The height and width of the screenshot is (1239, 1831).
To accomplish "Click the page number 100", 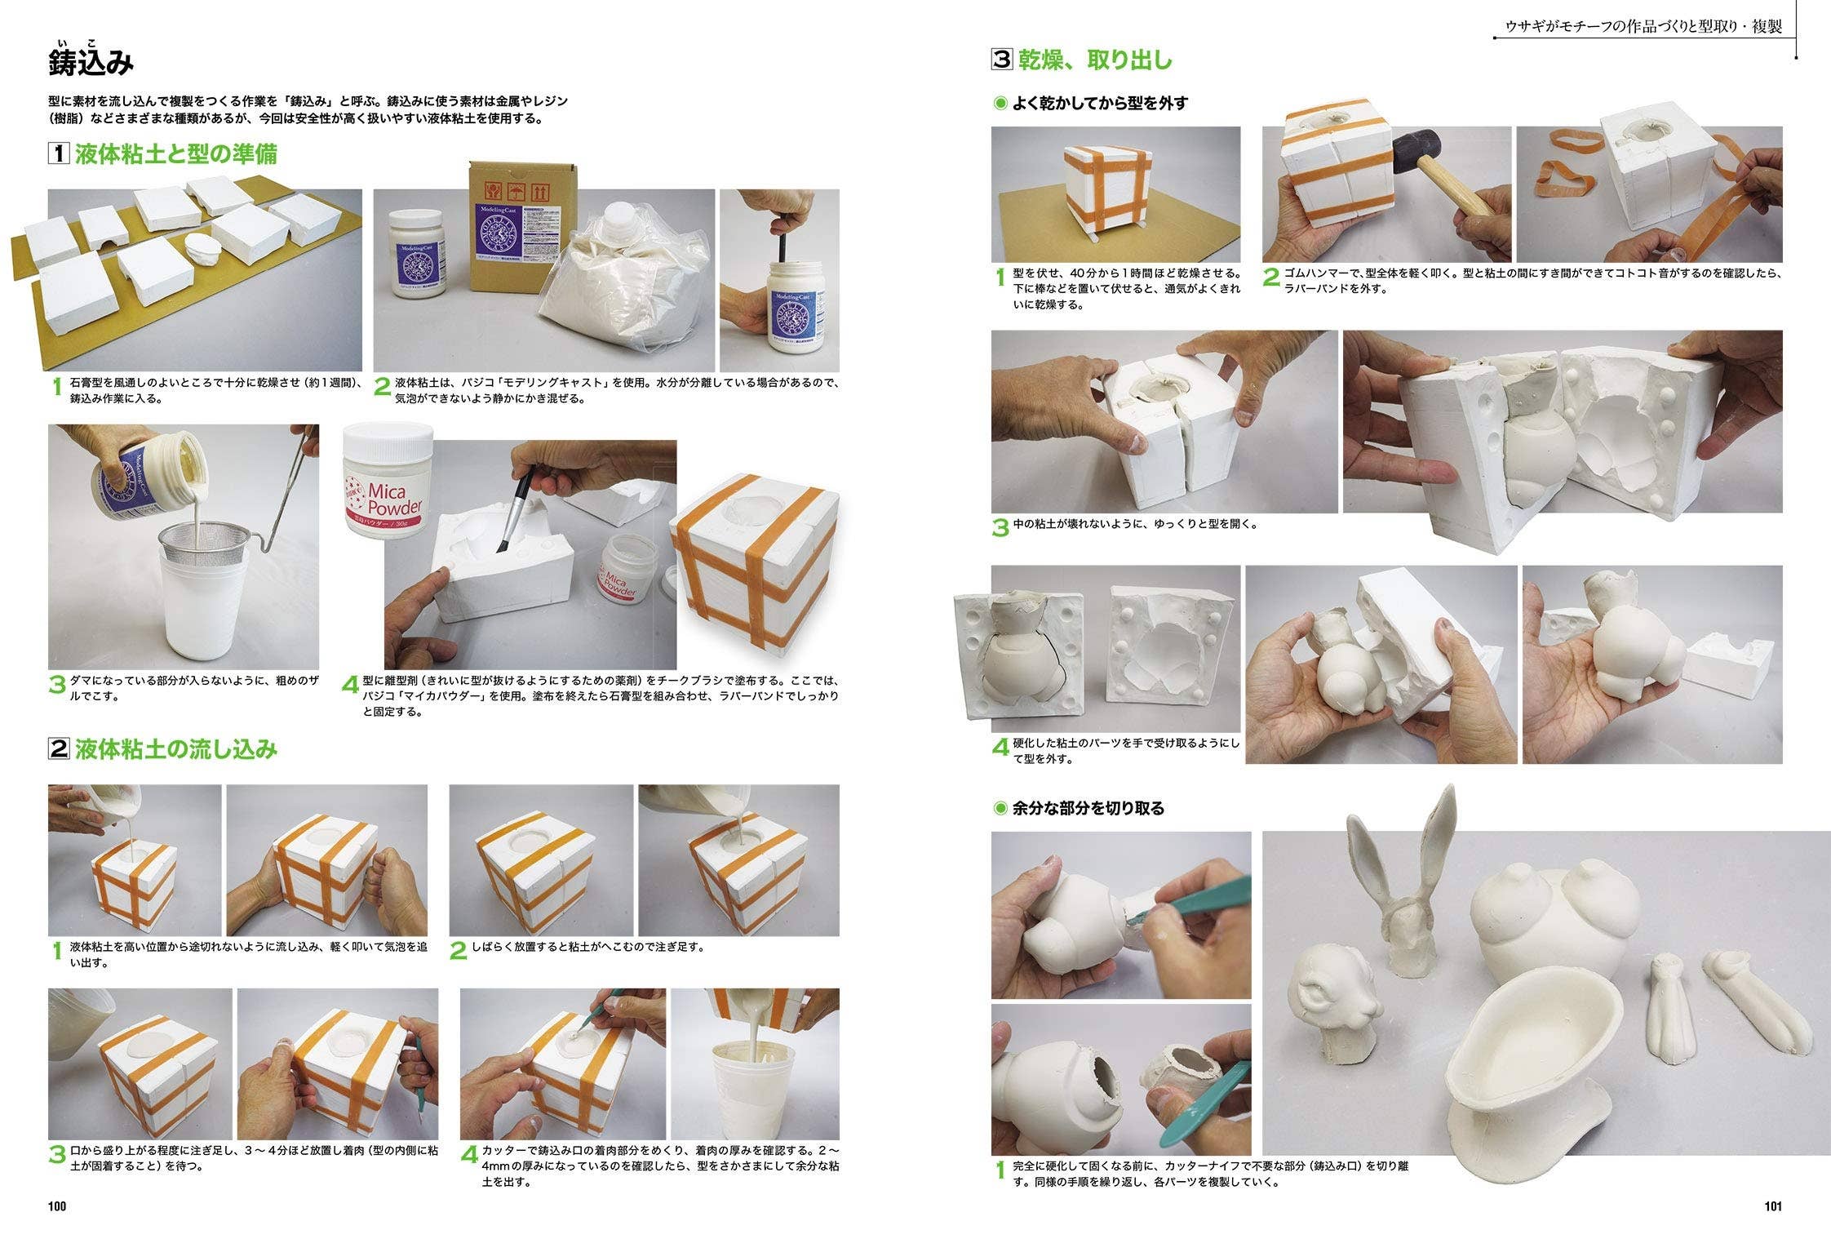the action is (57, 1206).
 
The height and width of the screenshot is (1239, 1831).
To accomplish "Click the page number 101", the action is (1773, 1206).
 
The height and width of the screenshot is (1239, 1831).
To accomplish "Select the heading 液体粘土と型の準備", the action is (176, 153).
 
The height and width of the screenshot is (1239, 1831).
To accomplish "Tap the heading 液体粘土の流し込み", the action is (176, 748).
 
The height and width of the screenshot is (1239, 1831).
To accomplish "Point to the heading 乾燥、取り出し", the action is (1095, 60).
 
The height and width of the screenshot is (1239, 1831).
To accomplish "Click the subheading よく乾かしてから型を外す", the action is (1100, 103).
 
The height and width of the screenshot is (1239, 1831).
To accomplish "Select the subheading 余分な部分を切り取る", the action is (1088, 808).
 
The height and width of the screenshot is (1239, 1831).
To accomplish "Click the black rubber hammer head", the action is (1416, 153).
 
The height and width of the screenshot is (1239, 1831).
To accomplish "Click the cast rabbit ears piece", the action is (1402, 882).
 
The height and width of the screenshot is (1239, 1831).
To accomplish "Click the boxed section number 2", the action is (59, 748).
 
